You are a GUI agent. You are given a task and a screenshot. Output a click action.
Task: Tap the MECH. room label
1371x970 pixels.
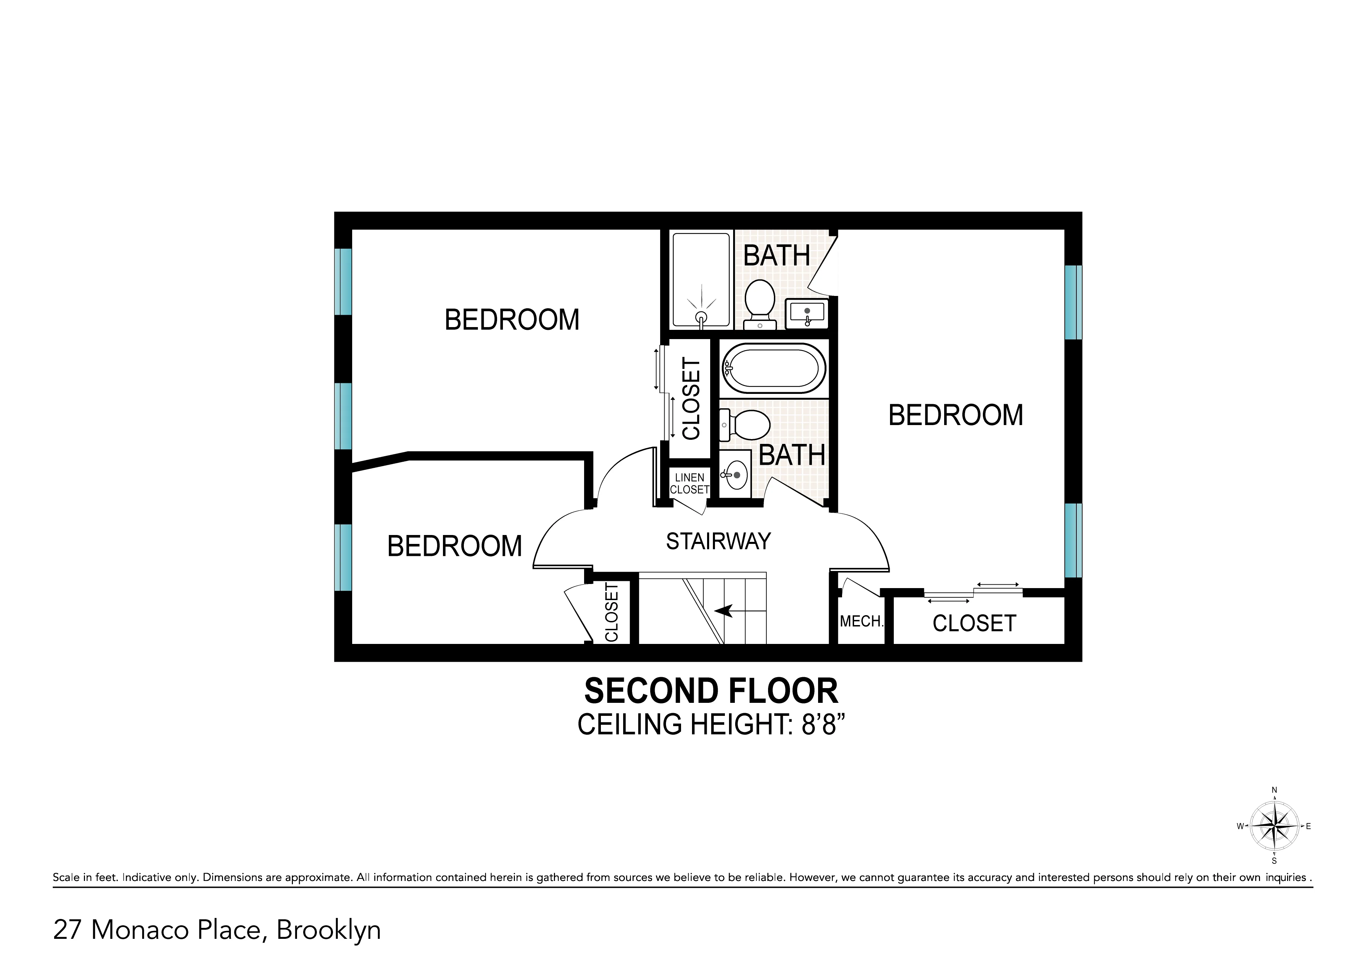[861, 621]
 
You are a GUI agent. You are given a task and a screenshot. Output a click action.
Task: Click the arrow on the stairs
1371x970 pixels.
[725, 610]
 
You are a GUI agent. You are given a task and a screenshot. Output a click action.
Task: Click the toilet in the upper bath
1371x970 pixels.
[760, 303]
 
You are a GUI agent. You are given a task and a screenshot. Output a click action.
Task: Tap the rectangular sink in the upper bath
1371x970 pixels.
[806, 313]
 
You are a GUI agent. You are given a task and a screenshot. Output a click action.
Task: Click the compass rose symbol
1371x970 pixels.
[1274, 826]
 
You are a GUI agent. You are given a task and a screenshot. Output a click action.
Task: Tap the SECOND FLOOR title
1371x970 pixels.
[711, 691]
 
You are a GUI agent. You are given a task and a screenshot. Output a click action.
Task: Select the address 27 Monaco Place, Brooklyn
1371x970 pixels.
[217, 930]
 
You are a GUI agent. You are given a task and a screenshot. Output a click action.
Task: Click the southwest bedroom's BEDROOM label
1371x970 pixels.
[455, 546]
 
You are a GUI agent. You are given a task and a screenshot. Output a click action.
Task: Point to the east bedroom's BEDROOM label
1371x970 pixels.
[955, 415]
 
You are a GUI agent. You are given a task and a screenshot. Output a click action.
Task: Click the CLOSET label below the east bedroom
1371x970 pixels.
[974, 624]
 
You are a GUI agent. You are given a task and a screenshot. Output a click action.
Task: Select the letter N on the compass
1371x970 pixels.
[1274, 790]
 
